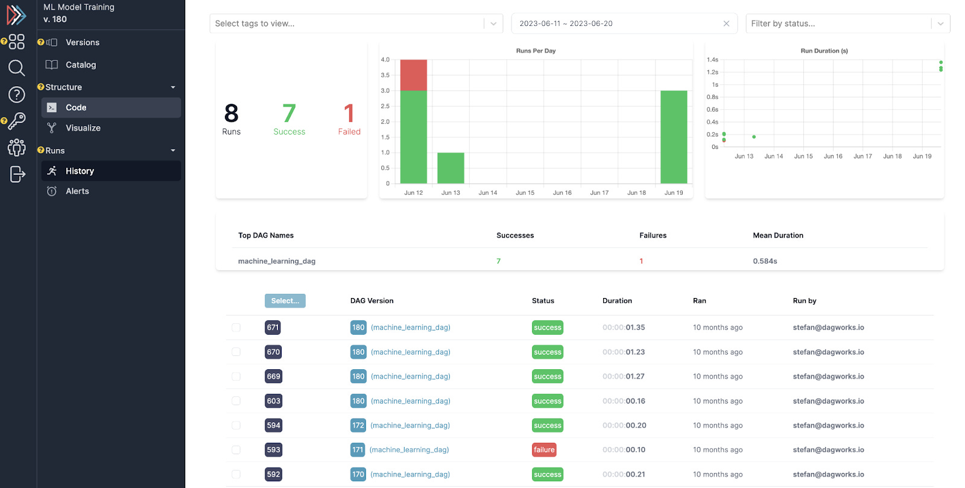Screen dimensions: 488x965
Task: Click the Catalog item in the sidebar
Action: [x=80, y=65]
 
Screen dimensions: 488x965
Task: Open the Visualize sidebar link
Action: [x=83, y=128]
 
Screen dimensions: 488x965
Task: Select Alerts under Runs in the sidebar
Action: [x=77, y=191]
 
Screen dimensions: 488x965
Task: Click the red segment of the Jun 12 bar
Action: [x=414, y=75]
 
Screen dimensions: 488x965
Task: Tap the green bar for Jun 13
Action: [x=451, y=168]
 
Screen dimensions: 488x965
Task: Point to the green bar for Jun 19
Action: [x=674, y=137]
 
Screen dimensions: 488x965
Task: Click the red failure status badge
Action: [x=544, y=450]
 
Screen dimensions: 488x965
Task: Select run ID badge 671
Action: [x=273, y=328]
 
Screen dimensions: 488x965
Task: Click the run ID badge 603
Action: [x=273, y=401]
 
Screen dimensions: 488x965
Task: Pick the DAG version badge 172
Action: [x=358, y=425]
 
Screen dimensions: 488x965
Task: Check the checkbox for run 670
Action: [x=236, y=352]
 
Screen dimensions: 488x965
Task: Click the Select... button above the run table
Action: [x=285, y=301]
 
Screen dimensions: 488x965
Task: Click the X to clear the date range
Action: [x=726, y=24]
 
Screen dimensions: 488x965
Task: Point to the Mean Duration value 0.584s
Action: [x=765, y=261]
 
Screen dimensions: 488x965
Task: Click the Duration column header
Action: [x=617, y=300]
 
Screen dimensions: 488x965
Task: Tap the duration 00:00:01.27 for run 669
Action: [x=624, y=376]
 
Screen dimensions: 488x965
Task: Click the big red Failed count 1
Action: [x=349, y=113]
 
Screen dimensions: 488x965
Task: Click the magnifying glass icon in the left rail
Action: [x=16, y=68]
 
